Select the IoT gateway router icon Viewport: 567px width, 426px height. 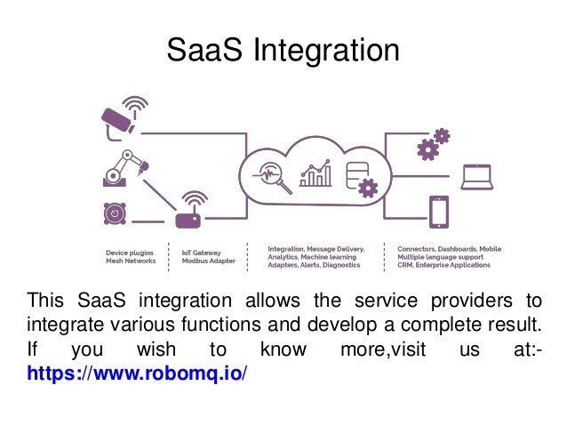tap(188, 217)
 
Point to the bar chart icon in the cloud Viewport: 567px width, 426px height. tap(315, 173)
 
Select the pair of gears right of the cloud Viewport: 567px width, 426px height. tap(433, 144)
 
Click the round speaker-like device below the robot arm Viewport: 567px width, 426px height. tap(113, 213)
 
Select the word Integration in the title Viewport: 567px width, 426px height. tap(326, 51)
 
